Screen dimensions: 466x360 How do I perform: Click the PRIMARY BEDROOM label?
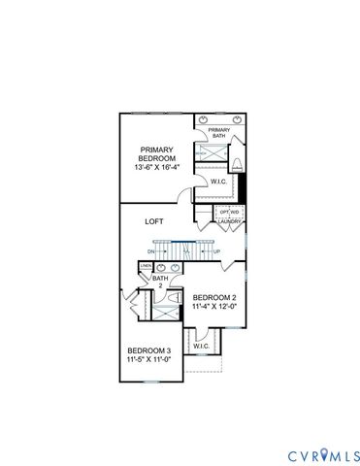pos(155,155)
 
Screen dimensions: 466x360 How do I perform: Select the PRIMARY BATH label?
pos(218,133)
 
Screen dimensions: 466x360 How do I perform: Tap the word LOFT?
pos(154,221)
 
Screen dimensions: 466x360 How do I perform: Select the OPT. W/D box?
pos(229,212)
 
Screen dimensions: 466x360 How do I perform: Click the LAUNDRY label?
pos(229,222)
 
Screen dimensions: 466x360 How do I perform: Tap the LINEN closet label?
pos(145,265)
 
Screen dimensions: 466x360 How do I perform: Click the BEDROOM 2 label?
pos(214,297)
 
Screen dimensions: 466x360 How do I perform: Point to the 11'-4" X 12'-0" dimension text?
pos(214,308)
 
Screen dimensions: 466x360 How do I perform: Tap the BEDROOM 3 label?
pos(149,350)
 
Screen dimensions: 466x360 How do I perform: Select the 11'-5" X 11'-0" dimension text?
pos(149,360)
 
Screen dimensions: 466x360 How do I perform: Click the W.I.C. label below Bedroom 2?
pos(202,347)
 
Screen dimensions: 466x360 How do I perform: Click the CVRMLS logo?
pos(324,455)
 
